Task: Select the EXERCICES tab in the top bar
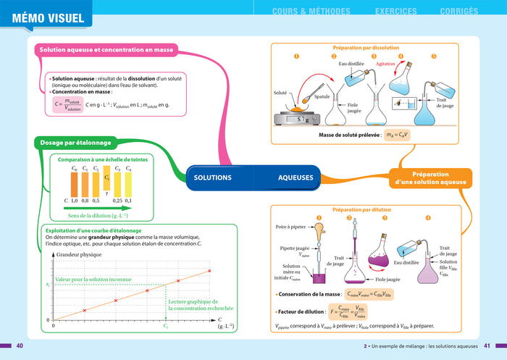395,12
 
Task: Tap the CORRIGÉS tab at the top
458,12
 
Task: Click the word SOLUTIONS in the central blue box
212,177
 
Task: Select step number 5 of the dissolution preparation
434,56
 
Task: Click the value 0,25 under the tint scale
117,201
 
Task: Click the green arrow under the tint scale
98,208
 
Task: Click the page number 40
20,346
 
